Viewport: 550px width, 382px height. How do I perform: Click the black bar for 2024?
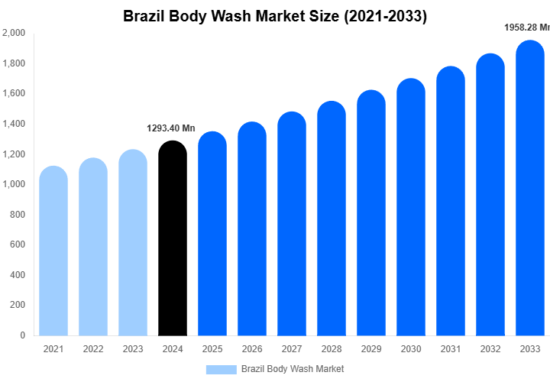[173, 238]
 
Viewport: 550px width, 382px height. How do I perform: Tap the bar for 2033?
[530, 188]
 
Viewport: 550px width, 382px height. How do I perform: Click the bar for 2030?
[411, 207]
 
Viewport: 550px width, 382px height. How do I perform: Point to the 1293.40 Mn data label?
[171, 128]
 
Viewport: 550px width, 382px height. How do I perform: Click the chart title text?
[275, 15]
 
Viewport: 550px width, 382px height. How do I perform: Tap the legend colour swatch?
[222, 369]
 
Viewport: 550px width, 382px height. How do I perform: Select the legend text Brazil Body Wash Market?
[293, 369]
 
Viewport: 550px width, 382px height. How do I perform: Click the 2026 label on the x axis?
[252, 349]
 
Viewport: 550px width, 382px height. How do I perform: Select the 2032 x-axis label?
[490, 349]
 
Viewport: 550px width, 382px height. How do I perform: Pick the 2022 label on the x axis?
[93, 349]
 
